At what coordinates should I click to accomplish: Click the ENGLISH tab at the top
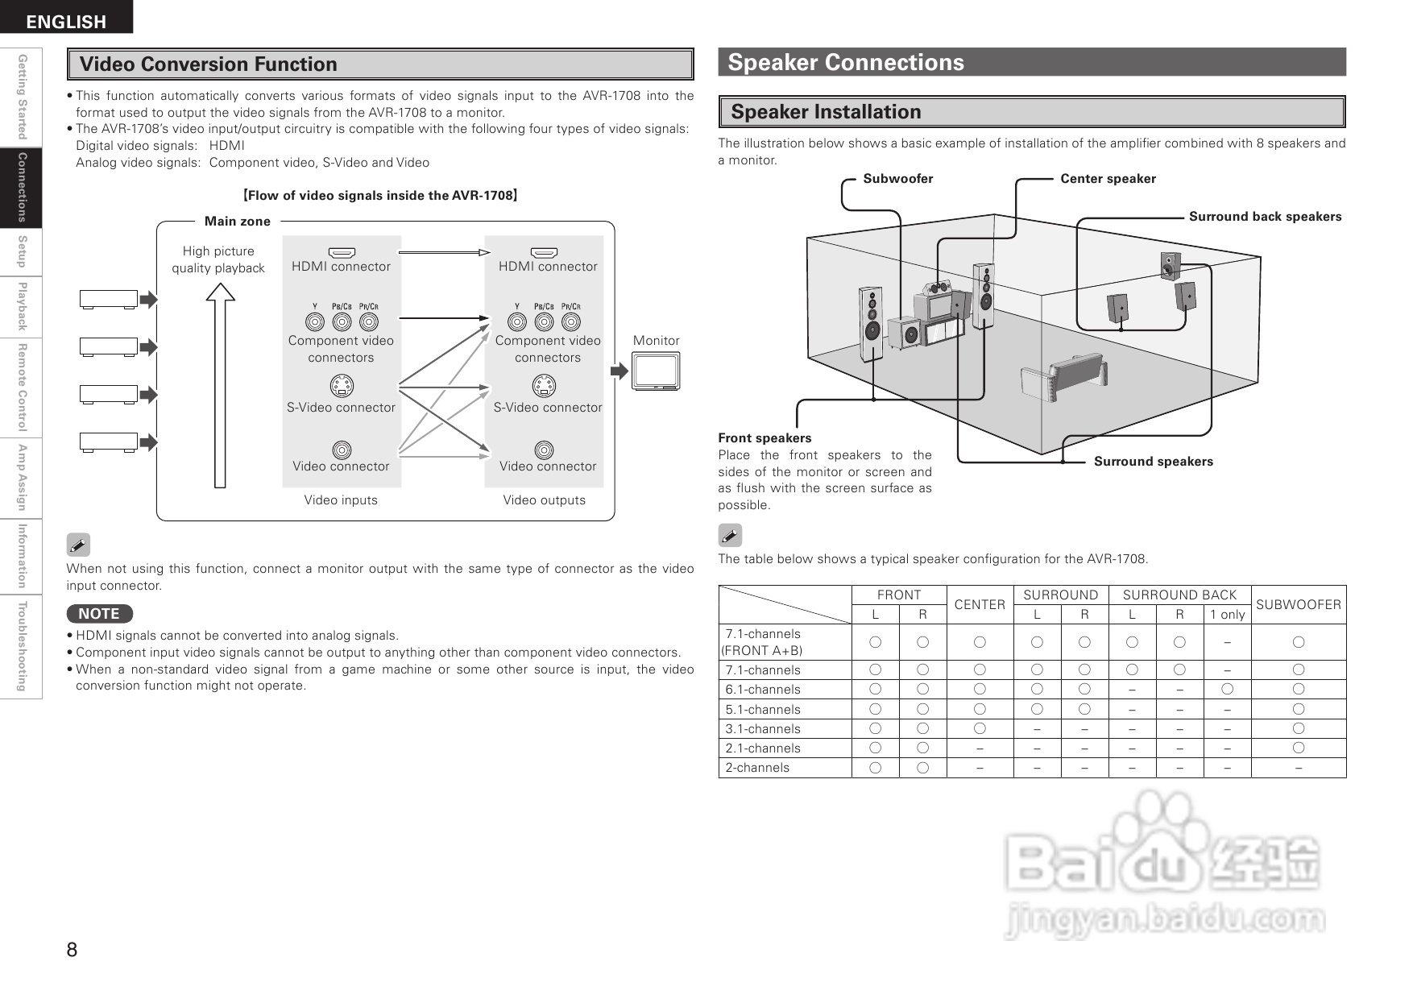(x=66, y=21)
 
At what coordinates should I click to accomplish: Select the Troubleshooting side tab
(x=22, y=646)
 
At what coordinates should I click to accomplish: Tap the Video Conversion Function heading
(x=209, y=64)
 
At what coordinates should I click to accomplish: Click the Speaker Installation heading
(x=826, y=112)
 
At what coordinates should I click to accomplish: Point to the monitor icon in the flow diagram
(x=656, y=371)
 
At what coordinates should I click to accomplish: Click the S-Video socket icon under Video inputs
(x=342, y=387)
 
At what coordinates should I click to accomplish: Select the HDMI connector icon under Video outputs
(x=545, y=253)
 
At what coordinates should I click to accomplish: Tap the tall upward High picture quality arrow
(x=220, y=387)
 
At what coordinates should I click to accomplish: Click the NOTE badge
(x=99, y=614)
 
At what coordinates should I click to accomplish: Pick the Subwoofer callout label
(x=897, y=179)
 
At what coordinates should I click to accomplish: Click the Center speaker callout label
(x=1108, y=179)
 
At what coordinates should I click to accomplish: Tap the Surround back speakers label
(x=1265, y=217)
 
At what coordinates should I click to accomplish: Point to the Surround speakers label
(x=1153, y=462)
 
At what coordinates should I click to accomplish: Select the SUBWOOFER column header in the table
(x=1298, y=604)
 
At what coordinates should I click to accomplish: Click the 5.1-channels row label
(x=762, y=710)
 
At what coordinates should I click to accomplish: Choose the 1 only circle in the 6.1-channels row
(x=1227, y=689)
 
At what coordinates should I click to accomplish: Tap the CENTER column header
(x=980, y=604)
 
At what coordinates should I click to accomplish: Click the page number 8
(x=72, y=950)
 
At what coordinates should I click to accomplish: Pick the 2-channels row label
(x=757, y=768)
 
